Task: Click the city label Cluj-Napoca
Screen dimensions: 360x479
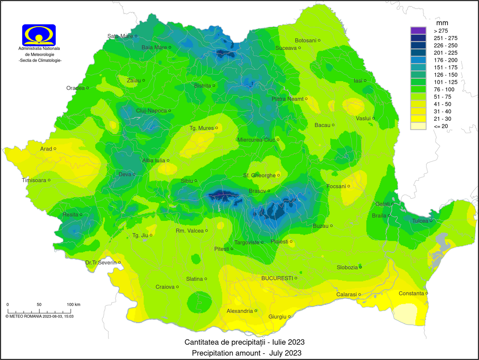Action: click(151, 111)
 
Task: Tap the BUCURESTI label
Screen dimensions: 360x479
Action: click(277, 278)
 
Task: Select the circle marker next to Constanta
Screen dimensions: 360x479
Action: click(427, 293)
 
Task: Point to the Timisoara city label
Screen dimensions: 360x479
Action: click(34, 180)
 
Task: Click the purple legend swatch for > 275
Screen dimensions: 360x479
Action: click(418, 31)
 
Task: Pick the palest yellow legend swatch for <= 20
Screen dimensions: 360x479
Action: click(418, 126)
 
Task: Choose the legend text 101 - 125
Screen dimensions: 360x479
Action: click(446, 82)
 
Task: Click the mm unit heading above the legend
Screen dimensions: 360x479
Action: click(442, 23)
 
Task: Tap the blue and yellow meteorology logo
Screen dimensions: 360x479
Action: click(39, 35)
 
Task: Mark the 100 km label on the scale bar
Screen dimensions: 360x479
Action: click(73, 304)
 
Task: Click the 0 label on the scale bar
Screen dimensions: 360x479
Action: click(7, 304)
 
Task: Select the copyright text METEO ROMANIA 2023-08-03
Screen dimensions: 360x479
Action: click(39, 316)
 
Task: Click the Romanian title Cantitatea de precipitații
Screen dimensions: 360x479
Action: click(244, 342)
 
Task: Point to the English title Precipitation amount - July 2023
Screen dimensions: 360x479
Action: click(247, 353)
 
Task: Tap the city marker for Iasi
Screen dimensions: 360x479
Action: click(365, 81)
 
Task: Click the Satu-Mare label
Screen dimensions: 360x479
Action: click(120, 36)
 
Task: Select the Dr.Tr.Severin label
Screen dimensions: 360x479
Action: click(101, 262)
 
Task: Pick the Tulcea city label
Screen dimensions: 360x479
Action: click(420, 221)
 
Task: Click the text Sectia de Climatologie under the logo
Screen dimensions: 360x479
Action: click(40, 60)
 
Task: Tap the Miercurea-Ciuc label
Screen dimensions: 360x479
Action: click(256, 140)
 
